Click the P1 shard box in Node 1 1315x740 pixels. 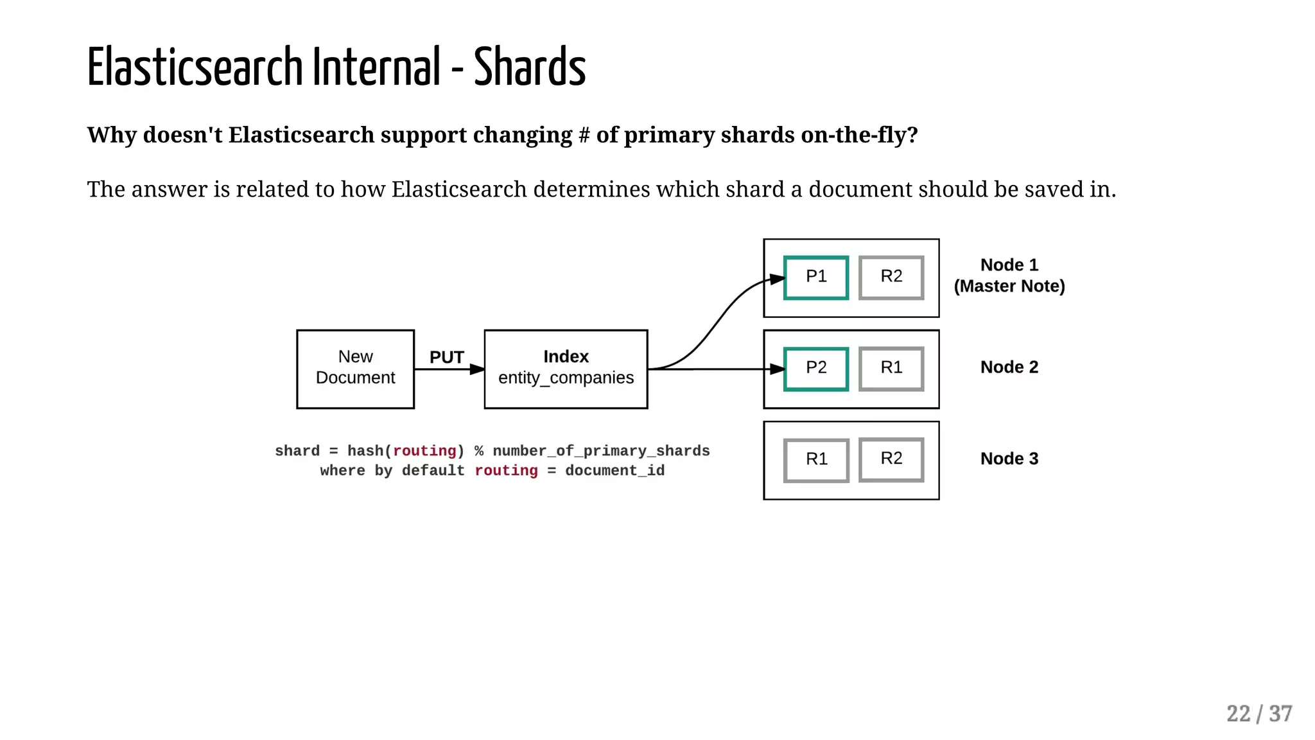click(x=816, y=277)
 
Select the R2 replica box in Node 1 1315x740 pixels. click(x=891, y=277)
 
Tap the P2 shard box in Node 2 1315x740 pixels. click(x=816, y=369)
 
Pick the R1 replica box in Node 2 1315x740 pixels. click(x=891, y=369)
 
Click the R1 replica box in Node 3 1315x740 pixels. click(x=816, y=460)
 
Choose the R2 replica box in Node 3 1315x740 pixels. click(x=891, y=459)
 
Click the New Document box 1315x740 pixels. click(x=355, y=369)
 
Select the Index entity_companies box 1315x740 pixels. click(x=566, y=369)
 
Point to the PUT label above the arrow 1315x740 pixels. click(x=446, y=357)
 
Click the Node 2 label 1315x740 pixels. click(x=1009, y=367)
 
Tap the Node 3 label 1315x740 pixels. click(x=1009, y=459)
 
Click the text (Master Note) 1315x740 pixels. click(x=1009, y=286)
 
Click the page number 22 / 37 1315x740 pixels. click(x=1258, y=714)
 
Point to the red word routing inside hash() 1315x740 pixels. click(x=424, y=451)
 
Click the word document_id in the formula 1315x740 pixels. click(x=614, y=471)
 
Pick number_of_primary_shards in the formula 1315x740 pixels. click(x=601, y=451)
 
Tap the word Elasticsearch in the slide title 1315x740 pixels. click(x=195, y=67)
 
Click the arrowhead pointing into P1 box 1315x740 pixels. click(x=778, y=279)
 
